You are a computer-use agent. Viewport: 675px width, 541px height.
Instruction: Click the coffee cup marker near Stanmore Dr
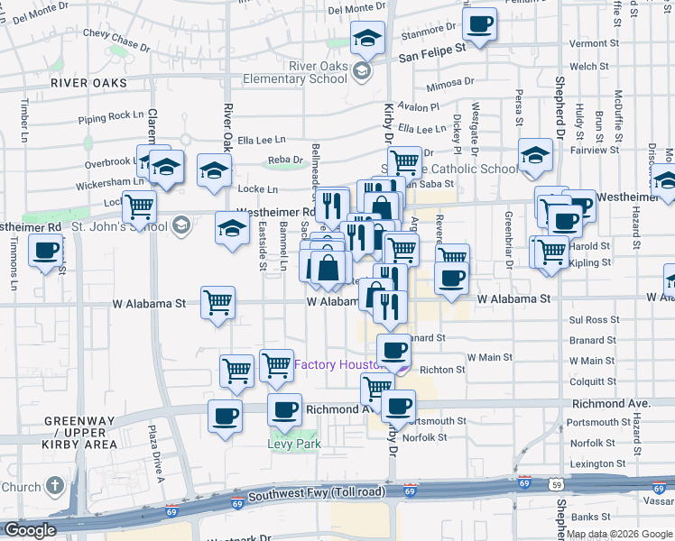click(x=480, y=23)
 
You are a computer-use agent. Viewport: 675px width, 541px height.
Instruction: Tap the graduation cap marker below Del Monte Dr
click(x=367, y=39)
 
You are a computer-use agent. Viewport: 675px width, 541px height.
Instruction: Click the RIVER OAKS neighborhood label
click(x=88, y=83)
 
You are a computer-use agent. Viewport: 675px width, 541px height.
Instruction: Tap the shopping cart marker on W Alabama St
click(x=217, y=302)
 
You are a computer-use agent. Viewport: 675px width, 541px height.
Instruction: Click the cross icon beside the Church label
click(x=55, y=487)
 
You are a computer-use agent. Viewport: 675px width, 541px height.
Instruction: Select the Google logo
click(x=29, y=530)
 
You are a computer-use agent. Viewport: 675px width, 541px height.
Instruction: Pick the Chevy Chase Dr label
click(x=116, y=38)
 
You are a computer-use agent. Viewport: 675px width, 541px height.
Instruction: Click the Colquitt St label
click(x=593, y=380)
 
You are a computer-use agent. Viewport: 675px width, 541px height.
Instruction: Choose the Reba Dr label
click(x=285, y=160)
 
